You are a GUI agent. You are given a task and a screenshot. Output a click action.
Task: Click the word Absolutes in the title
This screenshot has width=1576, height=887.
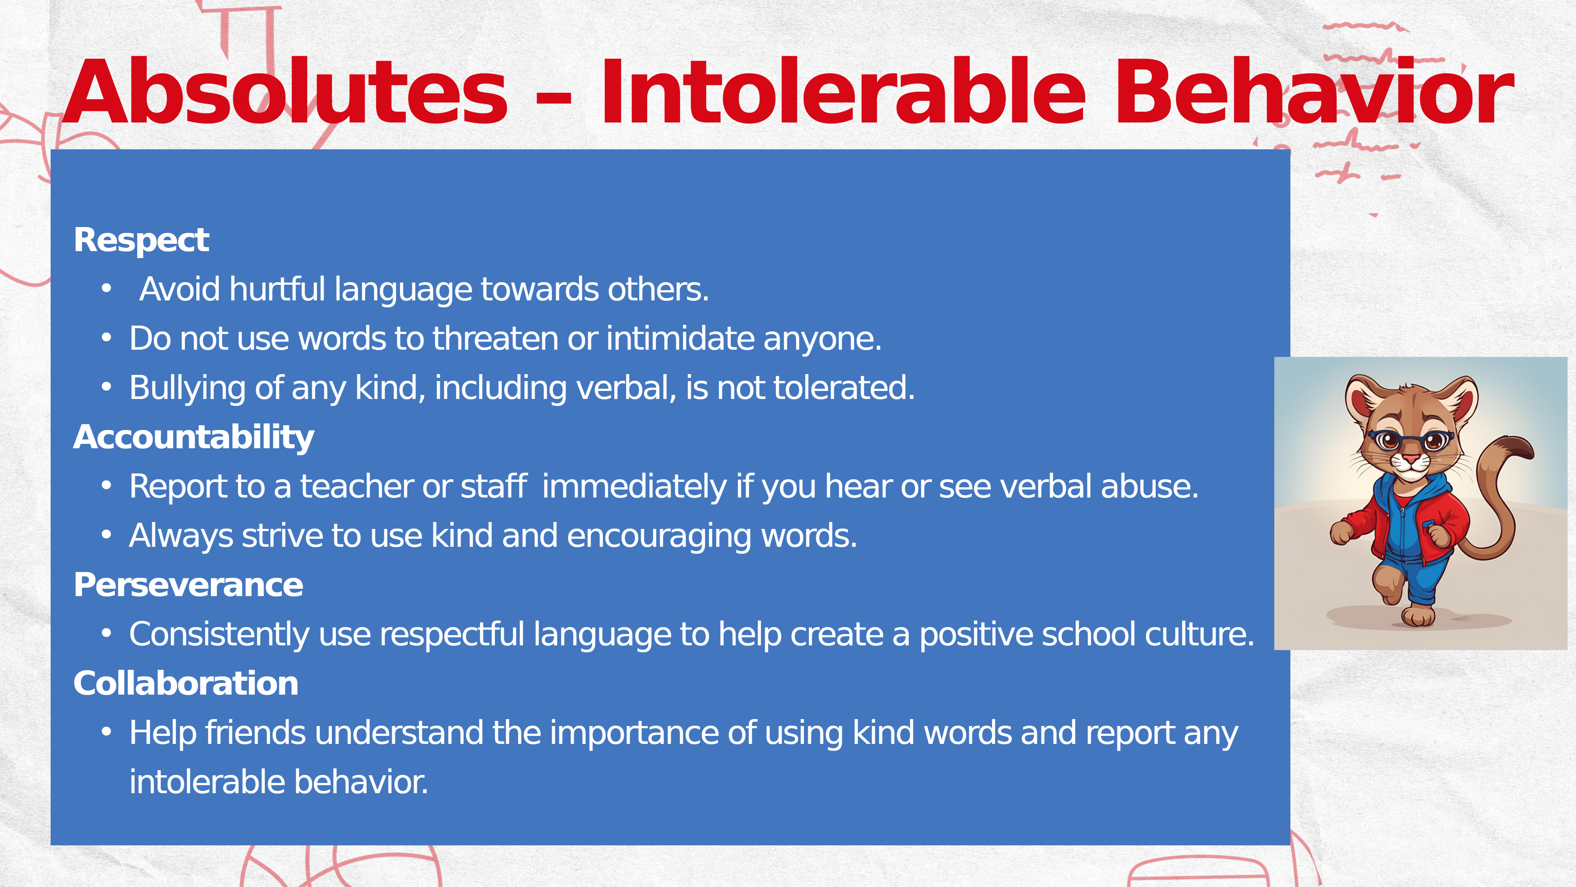(285, 92)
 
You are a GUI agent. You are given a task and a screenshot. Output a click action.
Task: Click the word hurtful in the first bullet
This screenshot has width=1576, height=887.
(277, 289)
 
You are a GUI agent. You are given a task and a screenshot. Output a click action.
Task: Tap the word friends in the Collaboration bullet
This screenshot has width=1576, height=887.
(255, 733)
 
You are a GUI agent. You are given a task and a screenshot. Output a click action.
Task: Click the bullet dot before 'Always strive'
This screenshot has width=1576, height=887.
(107, 535)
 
